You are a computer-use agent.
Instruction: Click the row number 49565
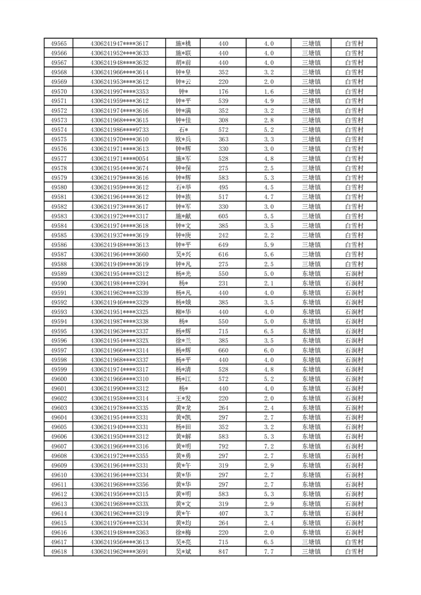[58, 43]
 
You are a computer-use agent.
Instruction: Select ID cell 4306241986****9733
[119, 130]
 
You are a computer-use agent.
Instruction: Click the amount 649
[223, 245]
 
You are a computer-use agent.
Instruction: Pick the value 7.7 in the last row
[268, 552]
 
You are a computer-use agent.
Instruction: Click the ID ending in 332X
[119, 340]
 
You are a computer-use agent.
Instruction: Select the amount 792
[223, 446]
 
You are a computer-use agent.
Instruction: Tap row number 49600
[58, 379]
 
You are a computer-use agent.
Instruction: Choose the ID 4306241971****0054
[119, 159]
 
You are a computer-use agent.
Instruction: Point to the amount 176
[223, 92]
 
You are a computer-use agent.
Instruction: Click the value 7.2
[268, 446]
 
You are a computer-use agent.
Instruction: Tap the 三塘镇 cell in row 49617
[311, 542]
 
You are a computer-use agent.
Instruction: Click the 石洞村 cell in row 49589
[354, 274]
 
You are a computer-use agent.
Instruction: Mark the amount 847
[223, 552]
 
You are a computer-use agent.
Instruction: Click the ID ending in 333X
[119, 504]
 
